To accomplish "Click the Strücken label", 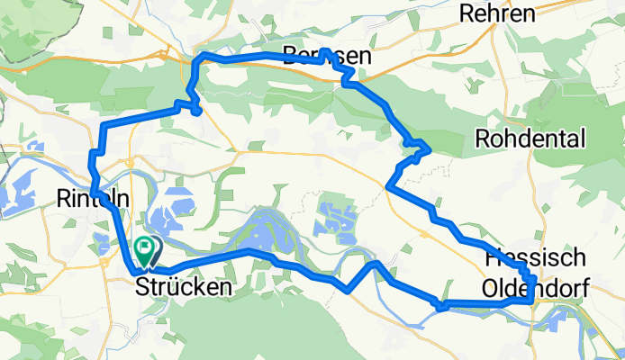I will tap(183, 287).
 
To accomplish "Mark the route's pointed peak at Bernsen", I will tap(326, 51).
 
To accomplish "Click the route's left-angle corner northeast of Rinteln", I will tap(106, 124).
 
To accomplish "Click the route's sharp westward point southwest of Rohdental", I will tap(388, 186).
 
